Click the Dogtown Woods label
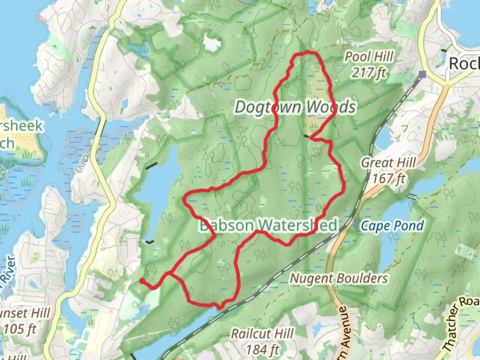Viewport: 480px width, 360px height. tap(295, 107)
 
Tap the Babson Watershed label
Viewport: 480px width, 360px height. tap(269, 225)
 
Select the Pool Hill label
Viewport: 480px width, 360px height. tap(369, 57)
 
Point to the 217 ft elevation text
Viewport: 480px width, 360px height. tap(369, 72)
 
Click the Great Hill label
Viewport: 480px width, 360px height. tap(389, 163)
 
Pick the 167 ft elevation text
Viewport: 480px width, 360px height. tap(389, 179)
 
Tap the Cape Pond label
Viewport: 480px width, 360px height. tap(393, 226)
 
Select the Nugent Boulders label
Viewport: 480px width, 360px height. tap(339, 278)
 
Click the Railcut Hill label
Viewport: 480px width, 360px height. tap(263, 333)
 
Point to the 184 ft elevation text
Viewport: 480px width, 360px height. tap(262, 349)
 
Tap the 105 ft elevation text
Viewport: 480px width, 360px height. tap(20, 329)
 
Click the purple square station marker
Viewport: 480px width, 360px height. tap(423, 74)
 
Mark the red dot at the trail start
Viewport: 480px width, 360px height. tap(142, 281)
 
